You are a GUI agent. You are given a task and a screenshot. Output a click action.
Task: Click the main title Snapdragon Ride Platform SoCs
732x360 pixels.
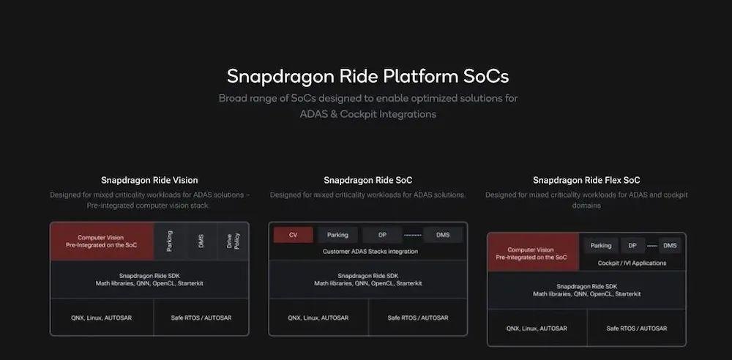point(368,76)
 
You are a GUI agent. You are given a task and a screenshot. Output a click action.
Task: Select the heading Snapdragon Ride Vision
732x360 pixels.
point(149,180)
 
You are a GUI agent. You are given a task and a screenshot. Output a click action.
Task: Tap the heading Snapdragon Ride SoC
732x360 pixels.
point(368,180)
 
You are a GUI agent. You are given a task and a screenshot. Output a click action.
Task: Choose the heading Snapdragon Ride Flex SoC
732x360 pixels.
point(586,180)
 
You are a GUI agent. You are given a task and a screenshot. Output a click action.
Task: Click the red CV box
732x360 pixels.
point(294,235)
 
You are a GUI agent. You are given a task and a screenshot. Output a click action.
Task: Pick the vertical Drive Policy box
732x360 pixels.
point(233,241)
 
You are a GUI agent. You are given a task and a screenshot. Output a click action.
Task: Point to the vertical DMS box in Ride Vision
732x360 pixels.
point(202,241)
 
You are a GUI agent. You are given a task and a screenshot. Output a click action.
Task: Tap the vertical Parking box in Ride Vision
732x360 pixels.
point(170,241)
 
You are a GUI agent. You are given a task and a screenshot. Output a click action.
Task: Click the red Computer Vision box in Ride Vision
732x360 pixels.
point(102,241)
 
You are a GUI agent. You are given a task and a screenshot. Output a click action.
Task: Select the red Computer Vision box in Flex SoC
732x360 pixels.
point(533,252)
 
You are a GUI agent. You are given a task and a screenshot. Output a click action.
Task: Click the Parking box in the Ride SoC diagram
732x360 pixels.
point(337,235)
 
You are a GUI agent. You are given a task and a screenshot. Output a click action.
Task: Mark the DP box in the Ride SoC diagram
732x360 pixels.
point(382,235)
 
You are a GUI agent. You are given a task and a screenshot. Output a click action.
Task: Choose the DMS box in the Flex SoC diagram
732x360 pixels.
point(670,246)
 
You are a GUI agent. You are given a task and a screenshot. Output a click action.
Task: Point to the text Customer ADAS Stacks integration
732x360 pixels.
point(370,252)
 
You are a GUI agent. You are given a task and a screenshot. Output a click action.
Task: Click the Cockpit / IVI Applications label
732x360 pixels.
point(632,263)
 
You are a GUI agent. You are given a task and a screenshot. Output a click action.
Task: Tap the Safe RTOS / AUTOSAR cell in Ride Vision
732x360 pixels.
point(201,318)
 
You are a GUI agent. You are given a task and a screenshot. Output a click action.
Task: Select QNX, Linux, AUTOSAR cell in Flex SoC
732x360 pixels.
point(537,329)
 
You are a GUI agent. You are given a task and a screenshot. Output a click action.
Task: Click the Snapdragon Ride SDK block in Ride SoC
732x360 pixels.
point(368,280)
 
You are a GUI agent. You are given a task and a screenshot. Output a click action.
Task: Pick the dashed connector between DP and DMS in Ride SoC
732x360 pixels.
point(413,235)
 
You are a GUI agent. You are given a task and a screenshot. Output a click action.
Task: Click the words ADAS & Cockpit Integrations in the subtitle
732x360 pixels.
point(368,114)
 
